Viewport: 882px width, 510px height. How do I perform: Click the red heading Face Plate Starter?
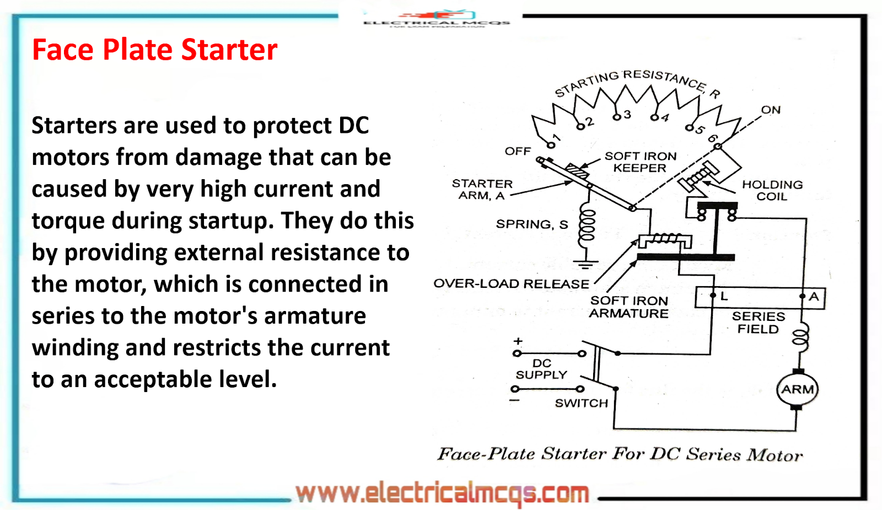(x=154, y=50)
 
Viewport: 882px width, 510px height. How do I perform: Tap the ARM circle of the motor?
(x=797, y=389)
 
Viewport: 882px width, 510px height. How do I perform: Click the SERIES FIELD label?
(x=758, y=323)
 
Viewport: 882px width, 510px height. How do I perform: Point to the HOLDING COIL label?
(x=772, y=190)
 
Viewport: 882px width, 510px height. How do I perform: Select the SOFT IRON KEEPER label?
(x=640, y=162)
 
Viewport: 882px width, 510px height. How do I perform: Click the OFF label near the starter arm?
(x=518, y=151)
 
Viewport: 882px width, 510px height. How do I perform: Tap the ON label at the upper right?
(x=771, y=110)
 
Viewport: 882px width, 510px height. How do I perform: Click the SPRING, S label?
(x=531, y=224)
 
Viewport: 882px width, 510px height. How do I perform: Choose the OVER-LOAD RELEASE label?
(x=511, y=284)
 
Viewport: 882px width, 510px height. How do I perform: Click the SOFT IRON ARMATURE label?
(x=628, y=307)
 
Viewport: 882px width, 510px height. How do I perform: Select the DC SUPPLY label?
(x=541, y=369)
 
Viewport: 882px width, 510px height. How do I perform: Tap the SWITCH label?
(x=581, y=403)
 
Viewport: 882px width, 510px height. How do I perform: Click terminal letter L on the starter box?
(x=724, y=296)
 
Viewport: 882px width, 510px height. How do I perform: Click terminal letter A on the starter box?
(x=814, y=296)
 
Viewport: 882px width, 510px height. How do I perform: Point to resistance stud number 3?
(x=627, y=114)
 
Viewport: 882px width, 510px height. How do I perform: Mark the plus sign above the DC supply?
(x=518, y=341)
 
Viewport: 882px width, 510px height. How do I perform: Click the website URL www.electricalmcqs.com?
(x=442, y=493)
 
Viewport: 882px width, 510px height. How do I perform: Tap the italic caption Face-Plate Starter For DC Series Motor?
(x=620, y=454)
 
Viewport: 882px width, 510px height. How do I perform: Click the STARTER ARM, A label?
(x=482, y=190)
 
